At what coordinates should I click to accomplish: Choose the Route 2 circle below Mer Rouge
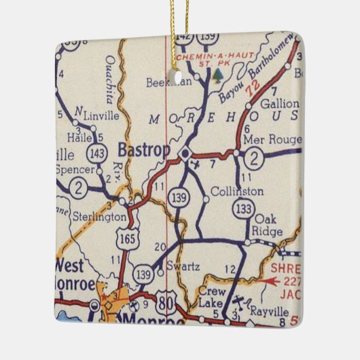coord(253,158)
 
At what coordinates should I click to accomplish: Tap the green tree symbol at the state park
coord(217,73)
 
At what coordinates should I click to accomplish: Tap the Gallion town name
coord(283,103)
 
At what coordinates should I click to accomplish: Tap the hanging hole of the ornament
coord(181,79)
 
